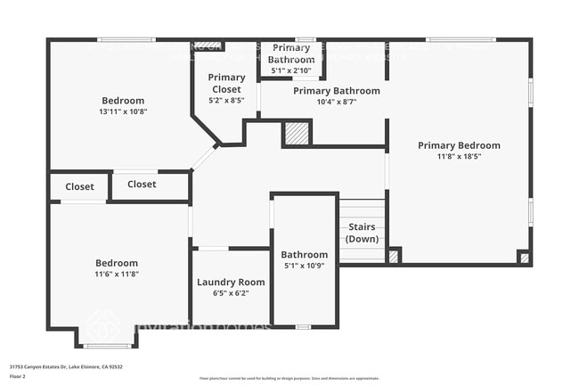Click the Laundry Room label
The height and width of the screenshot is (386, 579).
[231, 282]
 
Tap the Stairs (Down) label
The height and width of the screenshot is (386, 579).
[362, 234]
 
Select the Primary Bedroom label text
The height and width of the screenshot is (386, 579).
[459, 145]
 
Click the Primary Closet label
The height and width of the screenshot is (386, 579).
[226, 84]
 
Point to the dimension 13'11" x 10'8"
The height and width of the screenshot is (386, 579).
[123, 113]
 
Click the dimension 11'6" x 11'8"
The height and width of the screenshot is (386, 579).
[117, 275]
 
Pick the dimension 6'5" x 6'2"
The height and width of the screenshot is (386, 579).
[231, 293]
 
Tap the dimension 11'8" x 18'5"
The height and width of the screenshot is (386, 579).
[459, 157]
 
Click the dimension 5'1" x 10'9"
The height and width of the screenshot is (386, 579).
[305, 266]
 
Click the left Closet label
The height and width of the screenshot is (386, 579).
[79, 186]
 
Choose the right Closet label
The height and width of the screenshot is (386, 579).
[142, 185]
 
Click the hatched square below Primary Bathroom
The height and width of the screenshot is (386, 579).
[296, 134]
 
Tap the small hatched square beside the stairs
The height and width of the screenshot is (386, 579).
[393, 256]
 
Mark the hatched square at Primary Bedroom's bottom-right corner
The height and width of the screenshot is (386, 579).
[524, 258]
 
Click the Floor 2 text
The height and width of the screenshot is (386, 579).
[18, 375]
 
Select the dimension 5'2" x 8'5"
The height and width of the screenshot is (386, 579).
[226, 101]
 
